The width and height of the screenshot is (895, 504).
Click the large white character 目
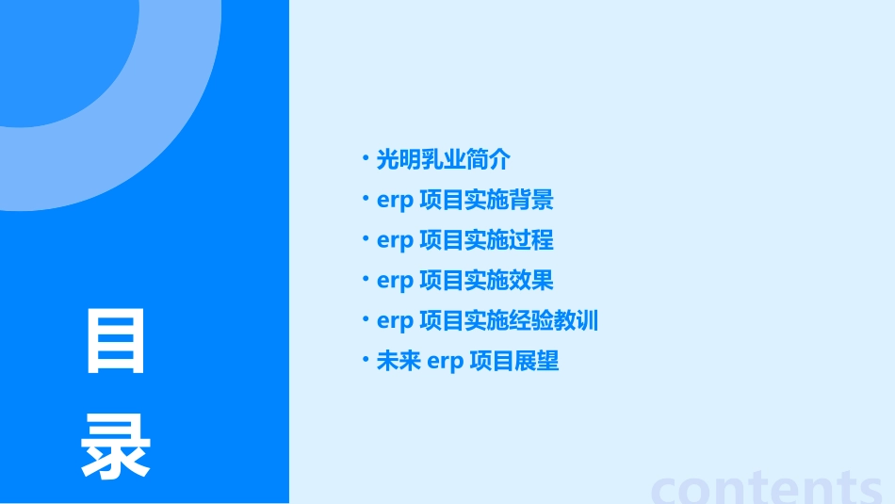tap(116, 342)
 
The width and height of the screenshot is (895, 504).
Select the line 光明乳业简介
tap(443, 160)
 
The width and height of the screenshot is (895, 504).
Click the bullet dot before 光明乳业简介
tap(366, 157)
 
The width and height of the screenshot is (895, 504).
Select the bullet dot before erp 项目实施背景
tap(366, 198)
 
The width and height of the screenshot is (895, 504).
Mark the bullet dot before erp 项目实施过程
tap(366, 238)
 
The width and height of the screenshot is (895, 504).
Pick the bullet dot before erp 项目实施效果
tap(366, 279)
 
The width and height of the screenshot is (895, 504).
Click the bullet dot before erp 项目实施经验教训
tap(366, 319)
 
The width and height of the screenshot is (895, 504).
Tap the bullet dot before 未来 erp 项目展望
tap(366, 359)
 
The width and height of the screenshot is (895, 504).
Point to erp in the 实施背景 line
tap(395, 202)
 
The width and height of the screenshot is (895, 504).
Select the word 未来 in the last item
tap(399, 362)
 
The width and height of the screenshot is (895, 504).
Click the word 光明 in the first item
tap(399, 160)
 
